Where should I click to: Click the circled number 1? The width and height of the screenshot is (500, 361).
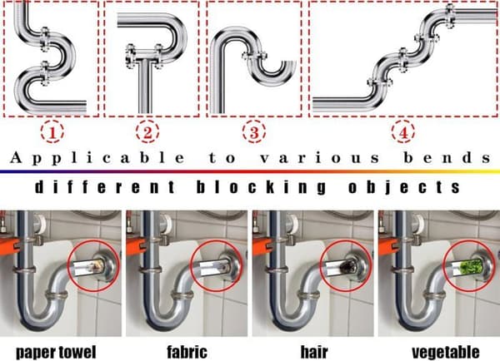click(x=52, y=131)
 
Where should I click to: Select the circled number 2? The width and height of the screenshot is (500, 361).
click(x=147, y=131)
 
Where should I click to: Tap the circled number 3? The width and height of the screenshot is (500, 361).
click(x=254, y=131)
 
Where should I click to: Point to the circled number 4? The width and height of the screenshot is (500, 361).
click(x=403, y=131)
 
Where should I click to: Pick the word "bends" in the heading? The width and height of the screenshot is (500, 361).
click(x=447, y=157)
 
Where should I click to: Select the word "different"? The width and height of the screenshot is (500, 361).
click(x=105, y=187)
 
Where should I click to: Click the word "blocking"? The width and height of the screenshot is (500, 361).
click(x=261, y=187)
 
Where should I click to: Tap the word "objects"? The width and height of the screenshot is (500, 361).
click(x=403, y=187)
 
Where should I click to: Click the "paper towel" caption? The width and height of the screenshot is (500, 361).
click(x=56, y=353)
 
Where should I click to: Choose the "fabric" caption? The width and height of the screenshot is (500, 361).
click(x=187, y=352)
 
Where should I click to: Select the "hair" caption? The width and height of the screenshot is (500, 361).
click(x=314, y=352)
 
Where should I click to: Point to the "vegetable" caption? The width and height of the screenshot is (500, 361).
click(x=446, y=353)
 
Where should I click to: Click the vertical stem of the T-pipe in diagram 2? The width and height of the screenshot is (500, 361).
click(x=144, y=86)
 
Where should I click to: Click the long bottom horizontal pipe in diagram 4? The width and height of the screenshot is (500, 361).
click(x=341, y=105)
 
